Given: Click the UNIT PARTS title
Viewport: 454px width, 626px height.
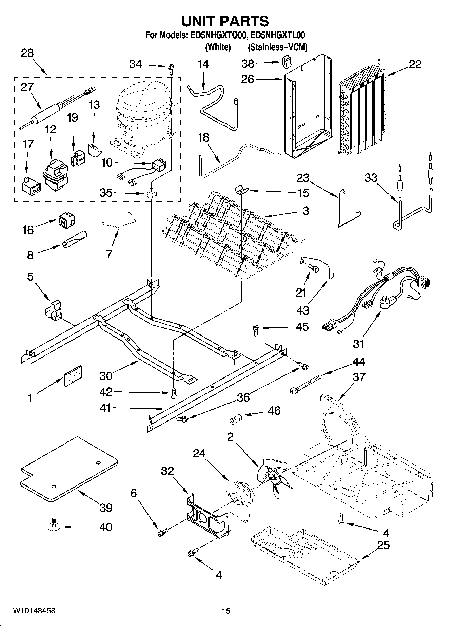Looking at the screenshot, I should pyautogui.click(x=225, y=21).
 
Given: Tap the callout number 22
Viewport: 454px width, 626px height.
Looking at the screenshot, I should pyautogui.click(x=415, y=64).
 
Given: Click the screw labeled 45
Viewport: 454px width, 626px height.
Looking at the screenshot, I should pyautogui.click(x=255, y=329).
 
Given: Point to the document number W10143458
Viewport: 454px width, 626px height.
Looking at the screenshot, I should pyautogui.click(x=34, y=611).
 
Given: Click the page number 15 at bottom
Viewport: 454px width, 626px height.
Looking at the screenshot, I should pyautogui.click(x=226, y=611).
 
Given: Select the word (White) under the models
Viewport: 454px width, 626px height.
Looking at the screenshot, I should pyautogui.click(x=218, y=47).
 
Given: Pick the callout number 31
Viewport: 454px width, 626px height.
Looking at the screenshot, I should pyautogui.click(x=358, y=344).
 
